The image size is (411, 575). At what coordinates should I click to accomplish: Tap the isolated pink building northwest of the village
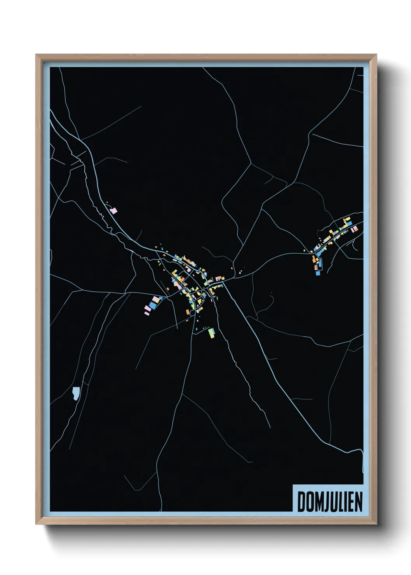tap(113, 211)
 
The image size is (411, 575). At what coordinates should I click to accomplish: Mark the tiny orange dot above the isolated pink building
tap(107, 202)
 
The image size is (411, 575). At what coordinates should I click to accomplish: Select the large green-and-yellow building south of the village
tap(211, 333)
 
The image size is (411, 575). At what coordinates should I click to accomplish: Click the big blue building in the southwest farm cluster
tap(153, 305)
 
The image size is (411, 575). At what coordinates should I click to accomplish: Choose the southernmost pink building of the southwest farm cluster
tap(146, 312)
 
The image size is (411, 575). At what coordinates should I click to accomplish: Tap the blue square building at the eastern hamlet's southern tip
tap(318, 273)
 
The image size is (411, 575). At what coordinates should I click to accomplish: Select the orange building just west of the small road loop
tap(187, 312)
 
